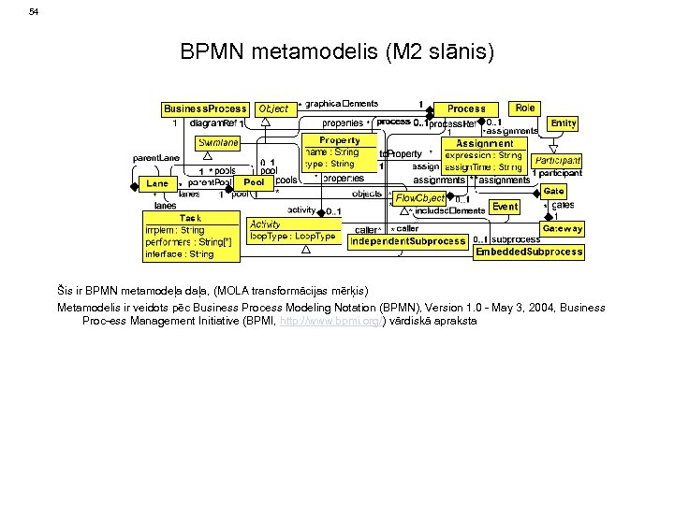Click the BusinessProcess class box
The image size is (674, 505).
(x=205, y=108)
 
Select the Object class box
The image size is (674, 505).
(x=273, y=108)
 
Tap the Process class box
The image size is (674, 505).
(x=466, y=108)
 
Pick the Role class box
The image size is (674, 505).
(x=525, y=108)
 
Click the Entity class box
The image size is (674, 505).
(x=564, y=123)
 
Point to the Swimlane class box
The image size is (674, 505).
(x=218, y=143)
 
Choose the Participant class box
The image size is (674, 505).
(x=558, y=161)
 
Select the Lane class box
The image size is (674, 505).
(x=157, y=183)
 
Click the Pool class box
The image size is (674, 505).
(x=254, y=182)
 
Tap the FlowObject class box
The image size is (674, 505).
(x=420, y=198)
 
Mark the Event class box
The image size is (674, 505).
(x=505, y=207)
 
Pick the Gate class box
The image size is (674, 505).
(x=553, y=191)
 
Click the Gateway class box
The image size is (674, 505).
(x=562, y=228)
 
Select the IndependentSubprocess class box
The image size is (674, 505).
(x=407, y=241)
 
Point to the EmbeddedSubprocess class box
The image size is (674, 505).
(x=529, y=252)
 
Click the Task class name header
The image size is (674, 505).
(x=190, y=218)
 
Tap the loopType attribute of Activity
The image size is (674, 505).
(x=292, y=237)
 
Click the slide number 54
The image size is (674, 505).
(x=34, y=12)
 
